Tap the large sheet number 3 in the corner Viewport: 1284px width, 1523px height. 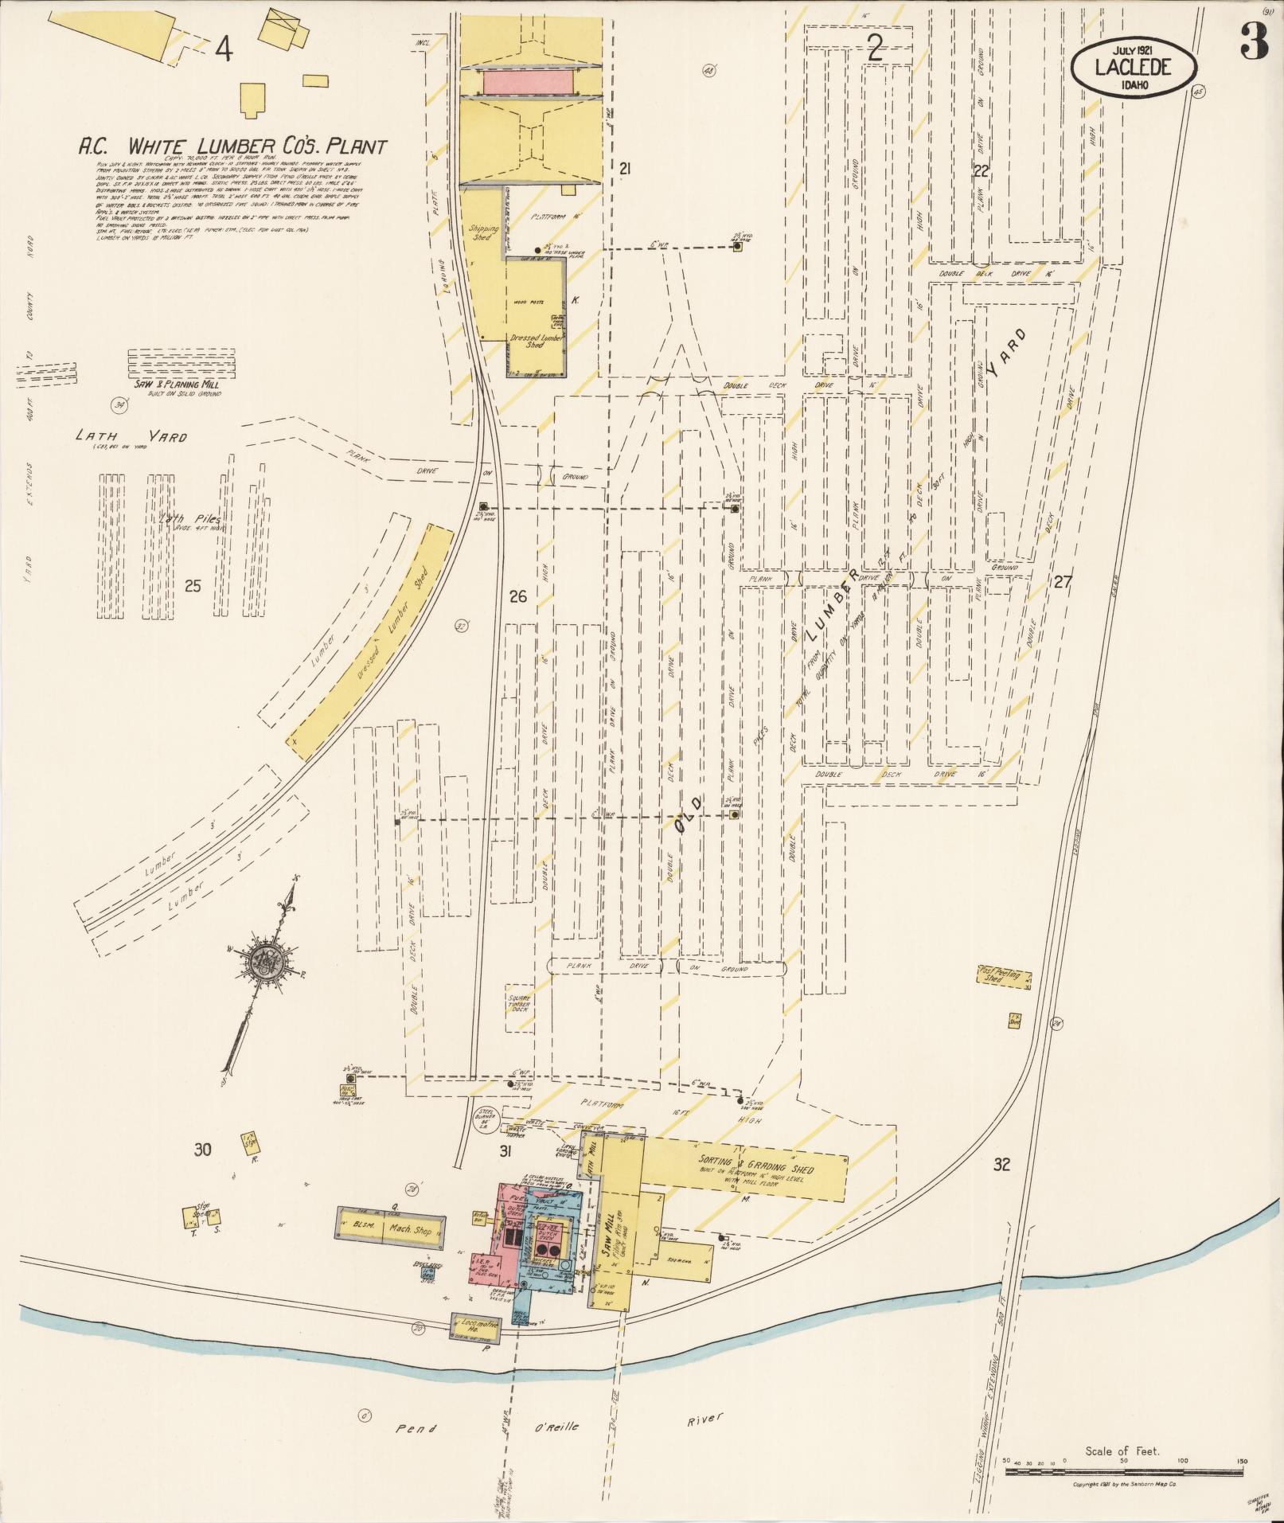(x=1254, y=41)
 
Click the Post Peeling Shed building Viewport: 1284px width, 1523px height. (x=1004, y=976)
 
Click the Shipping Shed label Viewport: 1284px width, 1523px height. (x=483, y=232)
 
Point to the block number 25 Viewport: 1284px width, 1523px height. (x=193, y=587)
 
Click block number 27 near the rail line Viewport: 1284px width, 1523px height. (x=1061, y=582)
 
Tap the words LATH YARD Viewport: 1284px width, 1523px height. (x=131, y=436)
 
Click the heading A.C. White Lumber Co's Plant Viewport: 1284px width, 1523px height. (x=232, y=146)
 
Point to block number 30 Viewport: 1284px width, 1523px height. (x=203, y=1149)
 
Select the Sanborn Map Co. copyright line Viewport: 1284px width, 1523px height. (x=1124, y=1485)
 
